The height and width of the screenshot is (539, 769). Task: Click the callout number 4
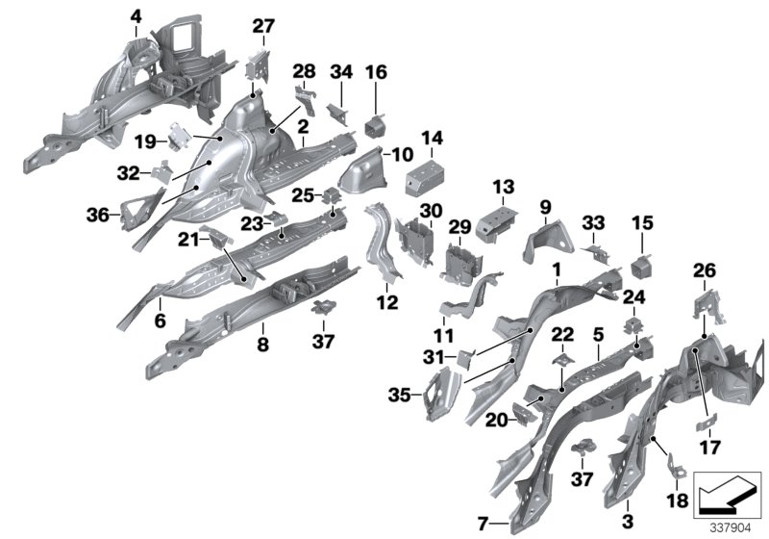tap(136, 15)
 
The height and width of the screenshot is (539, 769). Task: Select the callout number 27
tap(263, 26)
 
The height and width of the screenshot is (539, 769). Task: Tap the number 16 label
tap(376, 71)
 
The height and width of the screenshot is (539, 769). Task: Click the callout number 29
tap(459, 226)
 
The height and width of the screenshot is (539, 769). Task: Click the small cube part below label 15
tap(641, 262)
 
